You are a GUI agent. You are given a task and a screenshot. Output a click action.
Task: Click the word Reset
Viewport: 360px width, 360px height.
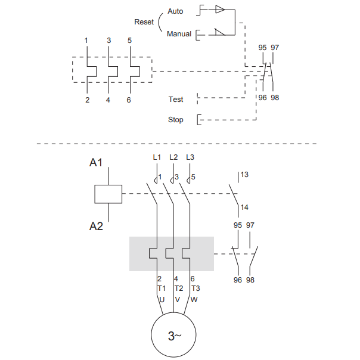[x=144, y=22]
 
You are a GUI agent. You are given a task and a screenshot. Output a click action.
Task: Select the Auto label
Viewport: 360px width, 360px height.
[x=175, y=11]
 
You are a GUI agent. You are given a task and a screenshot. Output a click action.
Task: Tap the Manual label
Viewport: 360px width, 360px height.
[x=179, y=34]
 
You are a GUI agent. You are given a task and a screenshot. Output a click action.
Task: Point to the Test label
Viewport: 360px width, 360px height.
[x=176, y=100]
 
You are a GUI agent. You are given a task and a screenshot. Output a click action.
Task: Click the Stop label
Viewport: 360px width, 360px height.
[x=176, y=120]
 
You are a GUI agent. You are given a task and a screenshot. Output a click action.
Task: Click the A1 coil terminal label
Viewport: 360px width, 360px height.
[x=96, y=163]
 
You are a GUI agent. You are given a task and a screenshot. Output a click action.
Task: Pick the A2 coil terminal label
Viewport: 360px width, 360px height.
[x=96, y=226]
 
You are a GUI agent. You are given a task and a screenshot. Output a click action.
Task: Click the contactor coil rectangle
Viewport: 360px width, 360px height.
[x=108, y=194]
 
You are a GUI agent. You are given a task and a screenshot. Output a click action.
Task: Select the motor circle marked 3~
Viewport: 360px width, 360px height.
[x=173, y=335]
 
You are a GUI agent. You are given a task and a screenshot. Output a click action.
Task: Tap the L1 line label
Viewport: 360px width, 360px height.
[x=157, y=157]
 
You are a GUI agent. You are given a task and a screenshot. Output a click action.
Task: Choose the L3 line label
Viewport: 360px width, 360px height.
[x=190, y=157]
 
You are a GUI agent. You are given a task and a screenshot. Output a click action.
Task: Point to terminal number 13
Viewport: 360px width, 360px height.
[x=244, y=175]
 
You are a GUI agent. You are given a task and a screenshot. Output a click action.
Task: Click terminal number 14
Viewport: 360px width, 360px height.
[x=244, y=207]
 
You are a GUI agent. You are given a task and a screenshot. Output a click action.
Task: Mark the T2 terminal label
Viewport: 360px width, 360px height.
[x=179, y=288]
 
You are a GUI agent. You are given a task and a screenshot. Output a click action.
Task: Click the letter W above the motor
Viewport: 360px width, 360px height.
[x=194, y=300]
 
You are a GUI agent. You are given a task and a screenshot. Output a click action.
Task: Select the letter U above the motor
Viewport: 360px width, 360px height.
[x=162, y=300]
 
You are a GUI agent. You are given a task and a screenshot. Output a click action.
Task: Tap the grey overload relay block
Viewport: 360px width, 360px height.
[x=172, y=254]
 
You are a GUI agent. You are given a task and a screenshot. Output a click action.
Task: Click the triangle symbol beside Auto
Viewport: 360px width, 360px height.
[x=220, y=10]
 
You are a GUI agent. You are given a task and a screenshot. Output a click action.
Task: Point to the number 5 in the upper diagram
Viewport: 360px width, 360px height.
[x=129, y=41]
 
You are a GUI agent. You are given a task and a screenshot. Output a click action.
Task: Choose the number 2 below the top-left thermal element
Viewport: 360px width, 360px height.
[x=87, y=100]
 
